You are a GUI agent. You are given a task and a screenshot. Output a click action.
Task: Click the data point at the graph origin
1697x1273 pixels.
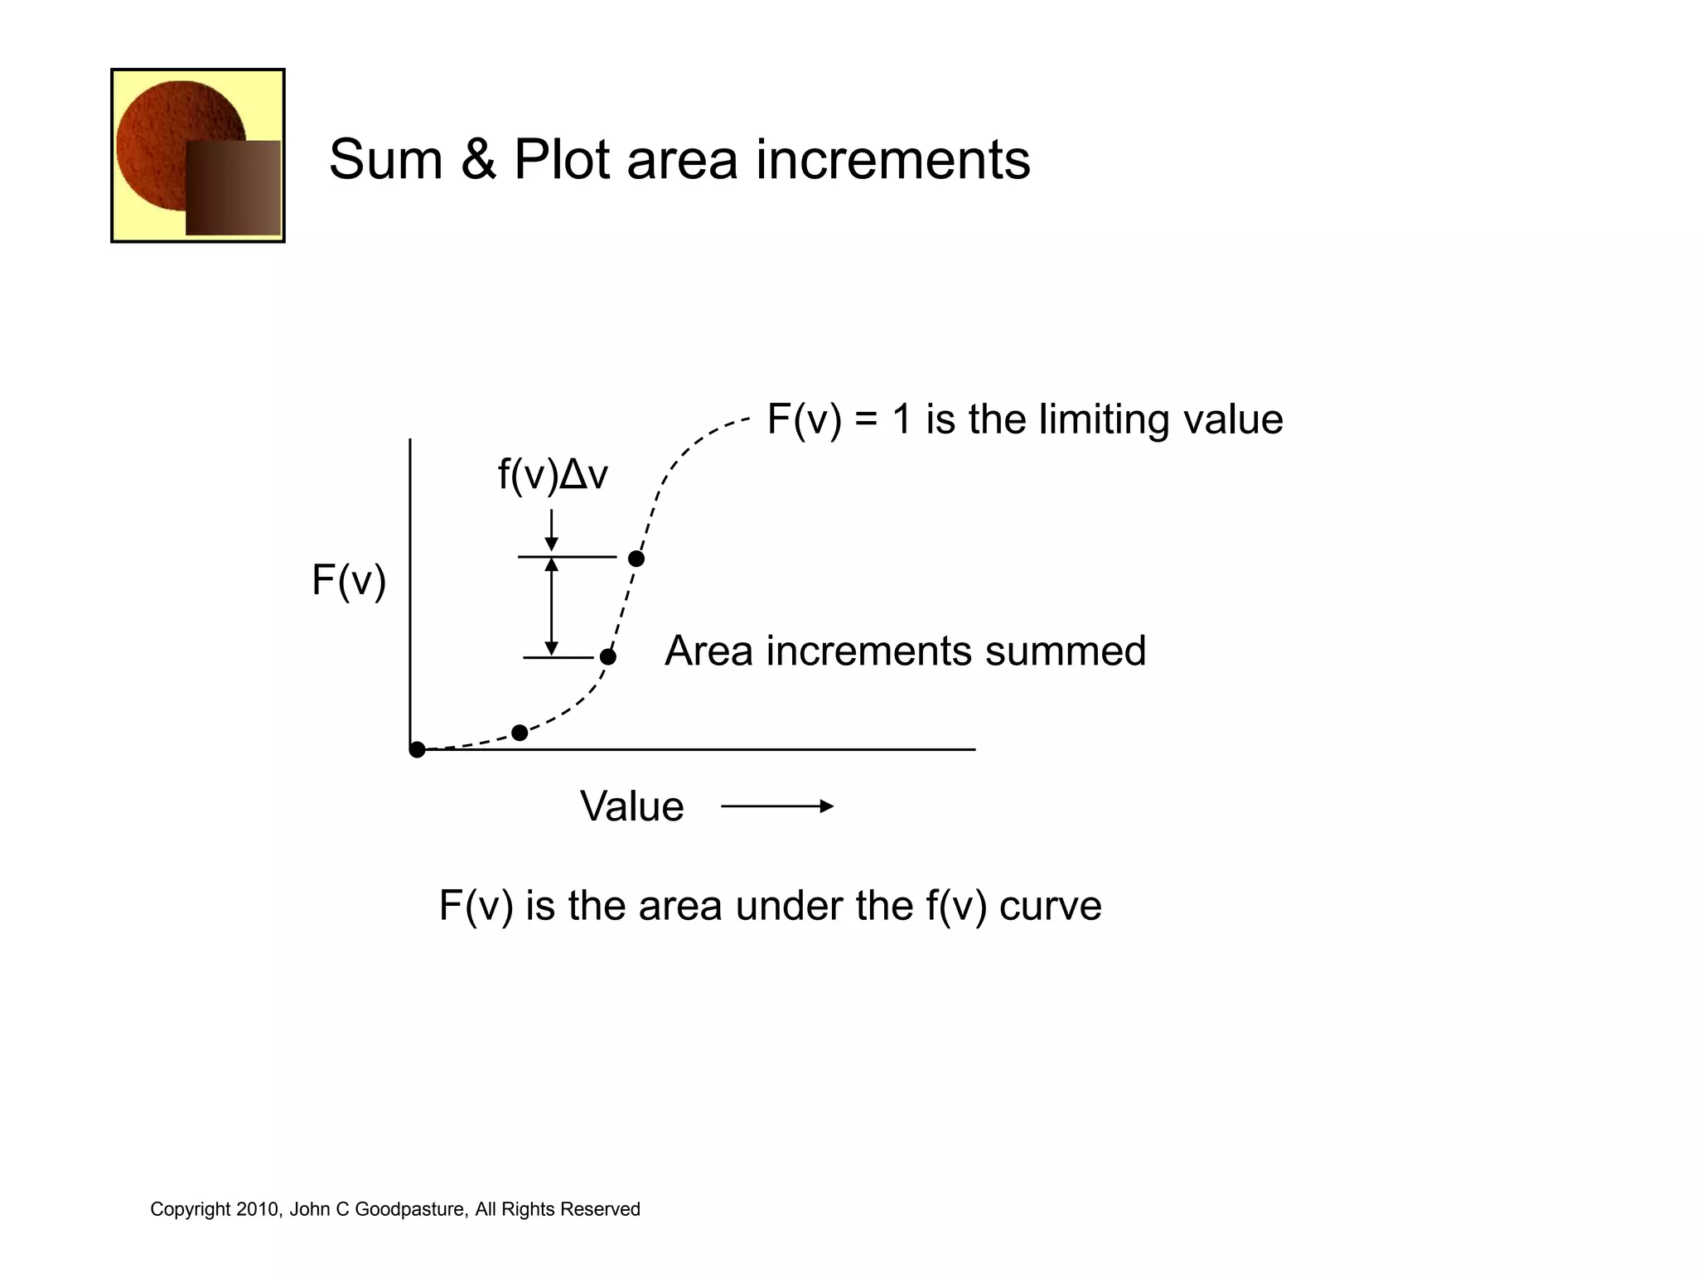418,749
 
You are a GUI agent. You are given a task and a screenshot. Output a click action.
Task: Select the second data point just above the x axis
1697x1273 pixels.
520,733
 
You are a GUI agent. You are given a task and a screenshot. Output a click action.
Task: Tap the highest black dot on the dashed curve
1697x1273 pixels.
636,559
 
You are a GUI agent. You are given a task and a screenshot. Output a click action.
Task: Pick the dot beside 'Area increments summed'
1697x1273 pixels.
608,657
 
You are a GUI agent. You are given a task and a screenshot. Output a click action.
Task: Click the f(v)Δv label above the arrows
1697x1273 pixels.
553,475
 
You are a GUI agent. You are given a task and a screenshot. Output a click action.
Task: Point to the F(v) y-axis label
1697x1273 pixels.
349,579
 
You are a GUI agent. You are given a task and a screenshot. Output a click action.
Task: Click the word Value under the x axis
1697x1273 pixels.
631,806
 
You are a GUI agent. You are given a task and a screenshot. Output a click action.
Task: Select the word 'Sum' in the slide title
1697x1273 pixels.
385,159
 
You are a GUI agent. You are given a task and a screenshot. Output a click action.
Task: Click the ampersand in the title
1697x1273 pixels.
478,159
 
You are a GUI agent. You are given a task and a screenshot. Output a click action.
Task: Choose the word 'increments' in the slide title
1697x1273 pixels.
893,159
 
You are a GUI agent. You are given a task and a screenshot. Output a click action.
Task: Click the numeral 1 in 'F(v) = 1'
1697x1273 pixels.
902,419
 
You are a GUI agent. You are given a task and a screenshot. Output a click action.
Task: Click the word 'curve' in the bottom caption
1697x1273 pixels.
1050,905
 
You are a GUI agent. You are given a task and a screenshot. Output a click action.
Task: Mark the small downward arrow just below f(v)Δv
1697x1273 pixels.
552,530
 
